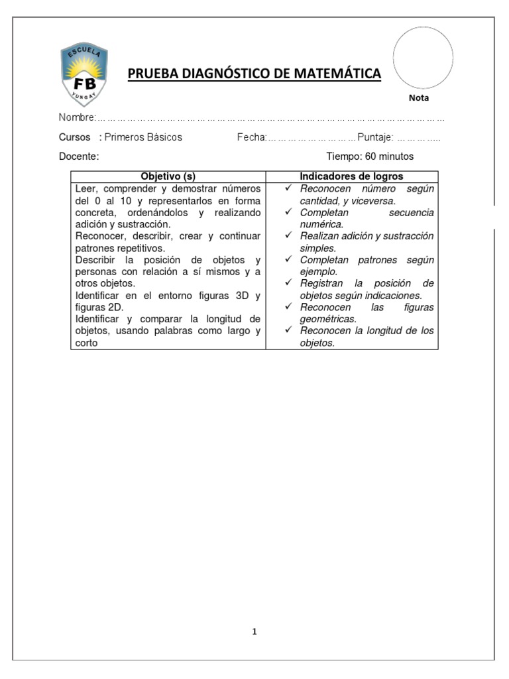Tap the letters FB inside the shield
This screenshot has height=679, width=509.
click(x=84, y=84)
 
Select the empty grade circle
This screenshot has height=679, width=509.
click(x=423, y=57)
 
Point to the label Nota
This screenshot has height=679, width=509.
click(x=419, y=98)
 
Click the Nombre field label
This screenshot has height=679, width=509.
click(x=77, y=117)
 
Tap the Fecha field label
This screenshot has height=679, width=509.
click(x=251, y=137)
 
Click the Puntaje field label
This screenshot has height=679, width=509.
click(x=375, y=137)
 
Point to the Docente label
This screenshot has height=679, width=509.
click(x=79, y=156)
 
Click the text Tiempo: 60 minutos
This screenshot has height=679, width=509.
click(x=370, y=156)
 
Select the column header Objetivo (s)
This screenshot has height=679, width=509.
click(x=168, y=176)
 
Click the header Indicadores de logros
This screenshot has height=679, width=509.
click(x=351, y=176)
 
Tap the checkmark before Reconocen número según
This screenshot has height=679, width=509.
click(x=288, y=189)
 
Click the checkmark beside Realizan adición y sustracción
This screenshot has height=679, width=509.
click(x=288, y=236)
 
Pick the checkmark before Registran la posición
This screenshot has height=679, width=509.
click(x=288, y=283)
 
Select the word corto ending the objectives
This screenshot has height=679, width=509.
click(x=87, y=343)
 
